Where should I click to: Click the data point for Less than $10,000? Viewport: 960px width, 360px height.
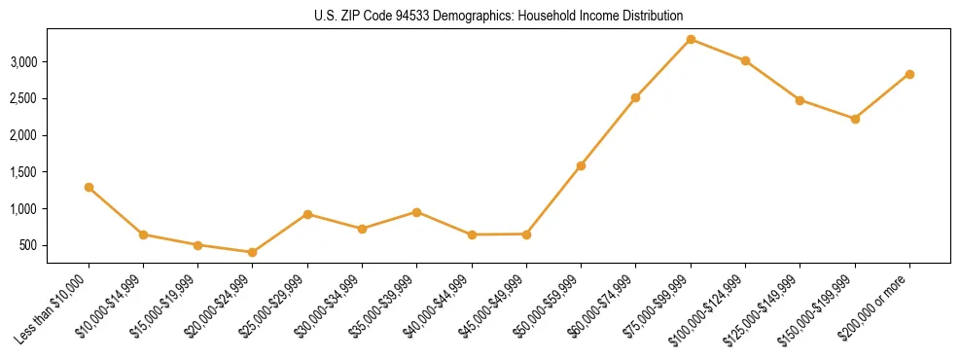(89, 187)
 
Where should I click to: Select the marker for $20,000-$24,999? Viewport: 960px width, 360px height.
(253, 252)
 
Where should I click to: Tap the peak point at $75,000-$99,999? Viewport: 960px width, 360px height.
(691, 39)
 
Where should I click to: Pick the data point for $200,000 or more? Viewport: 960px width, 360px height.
(909, 74)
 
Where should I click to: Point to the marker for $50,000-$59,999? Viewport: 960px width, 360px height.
(581, 165)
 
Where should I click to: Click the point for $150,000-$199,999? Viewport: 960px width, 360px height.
(855, 119)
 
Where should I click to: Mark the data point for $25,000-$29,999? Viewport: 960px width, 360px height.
(307, 214)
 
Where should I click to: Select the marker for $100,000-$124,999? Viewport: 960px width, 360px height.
(745, 60)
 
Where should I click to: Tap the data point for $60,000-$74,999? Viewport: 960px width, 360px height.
(635, 97)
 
